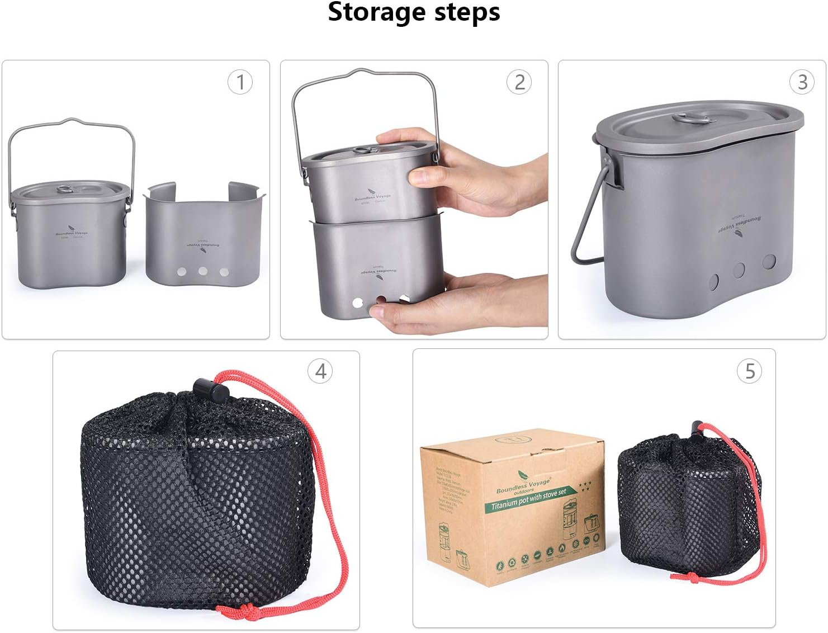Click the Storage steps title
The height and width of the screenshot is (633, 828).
pyautogui.click(x=414, y=12)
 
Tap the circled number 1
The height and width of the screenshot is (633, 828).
pyautogui.click(x=240, y=83)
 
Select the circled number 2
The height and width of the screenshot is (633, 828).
pyautogui.click(x=519, y=83)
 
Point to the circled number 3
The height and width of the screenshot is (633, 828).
pyautogui.click(x=802, y=83)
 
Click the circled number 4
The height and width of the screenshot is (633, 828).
pyautogui.click(x=320, y=371)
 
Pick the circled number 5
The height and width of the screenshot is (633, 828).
pyautogui.click(x=750, y=371)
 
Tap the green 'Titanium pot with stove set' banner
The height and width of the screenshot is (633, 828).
pyautogui.click(x=528, y=499)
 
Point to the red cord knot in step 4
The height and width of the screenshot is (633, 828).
pyautogui.click(x=231, y=610)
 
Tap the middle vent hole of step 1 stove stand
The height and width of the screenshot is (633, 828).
pyautogui.click(x=202, y=271)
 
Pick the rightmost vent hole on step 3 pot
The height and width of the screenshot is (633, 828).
pyautogui.click(x=769, y=261)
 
